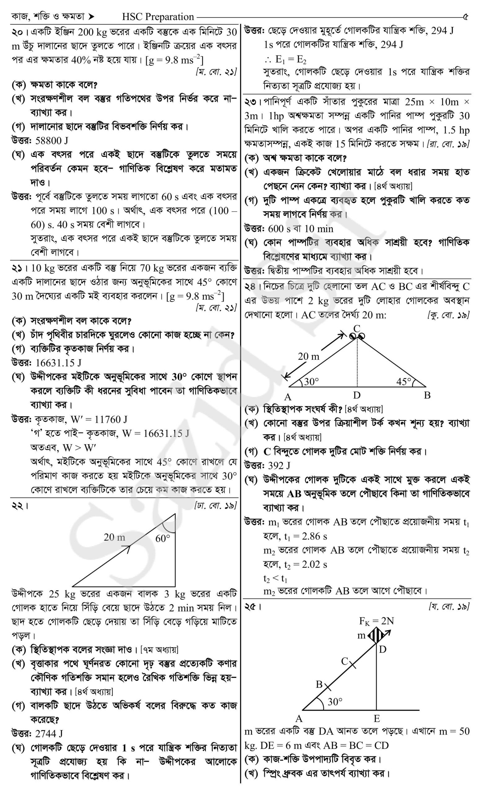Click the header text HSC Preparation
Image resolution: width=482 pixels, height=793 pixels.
click(158, 16)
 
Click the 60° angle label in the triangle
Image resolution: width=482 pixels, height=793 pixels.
click(163, 538)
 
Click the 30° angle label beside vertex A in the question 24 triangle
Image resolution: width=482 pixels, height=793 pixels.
click(311, 381)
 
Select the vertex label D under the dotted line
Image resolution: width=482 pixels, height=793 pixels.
click(356, 395)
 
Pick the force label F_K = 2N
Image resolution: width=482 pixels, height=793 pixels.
click(376, 621)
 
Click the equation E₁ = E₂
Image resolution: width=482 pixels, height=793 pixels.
click(291, 59)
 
